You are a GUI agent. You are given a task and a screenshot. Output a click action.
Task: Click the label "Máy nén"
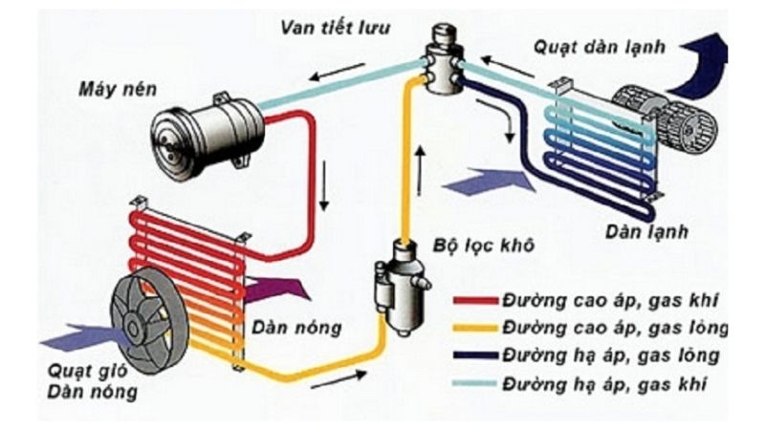(x=120, y=90)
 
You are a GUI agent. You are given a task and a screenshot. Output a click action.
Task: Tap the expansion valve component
(x=443, y=62)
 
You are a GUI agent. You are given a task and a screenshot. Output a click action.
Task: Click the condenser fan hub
(x=146, y=321)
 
